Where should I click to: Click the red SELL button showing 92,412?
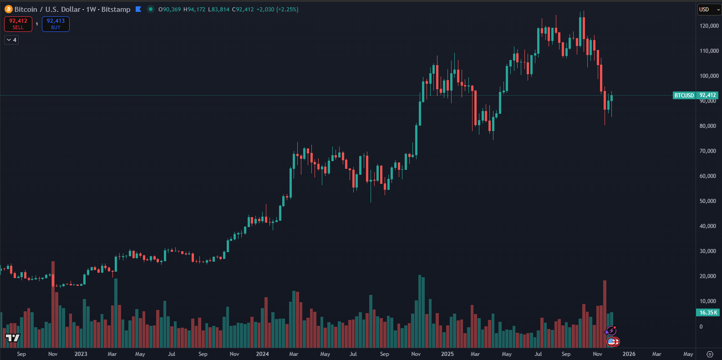pyautogui.click(x=18, y=24)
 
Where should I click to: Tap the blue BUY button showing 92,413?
pyautogui.click(x=56, y=24)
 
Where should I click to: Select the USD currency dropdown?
pyautogui.click(x=708, y=10)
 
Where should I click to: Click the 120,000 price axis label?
pyautogui.click(x=709, y=26)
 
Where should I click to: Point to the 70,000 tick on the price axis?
pyautogui.click(x=707, y=151)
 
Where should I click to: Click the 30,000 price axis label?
pyautogui.click(x=707, y=251)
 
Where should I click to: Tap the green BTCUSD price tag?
pyautogui.click(x=684, y=96)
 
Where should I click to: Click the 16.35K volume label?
pyautogui.click(x=708, y=313)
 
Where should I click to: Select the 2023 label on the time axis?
pyautogui.click(x=81, y=354)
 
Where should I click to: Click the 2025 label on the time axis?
pyautogui.click(x=447, y=354)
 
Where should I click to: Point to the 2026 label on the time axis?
pyautogui.click(x=629, y=354)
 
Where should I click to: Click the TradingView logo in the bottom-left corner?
pyautogui.click(x=13, y=338)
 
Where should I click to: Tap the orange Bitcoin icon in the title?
pyautogui.click(x=8, y=9)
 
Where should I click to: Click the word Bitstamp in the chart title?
pyautogui.click(x=116, y=10)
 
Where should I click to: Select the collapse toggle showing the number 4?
pyautogui.click(x=11, y=40)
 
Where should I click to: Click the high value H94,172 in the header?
pyautogui.click(x=194, y=10)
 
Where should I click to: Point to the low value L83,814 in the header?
pyautogui.click(x=219, y=10)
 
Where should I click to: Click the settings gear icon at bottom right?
pyautogui.click(x=710, y=354)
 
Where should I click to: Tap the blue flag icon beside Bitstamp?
pyautogui.click(x=138, y=9)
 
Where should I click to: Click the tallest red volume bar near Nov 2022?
pyautogui.click(x=53, y=305)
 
